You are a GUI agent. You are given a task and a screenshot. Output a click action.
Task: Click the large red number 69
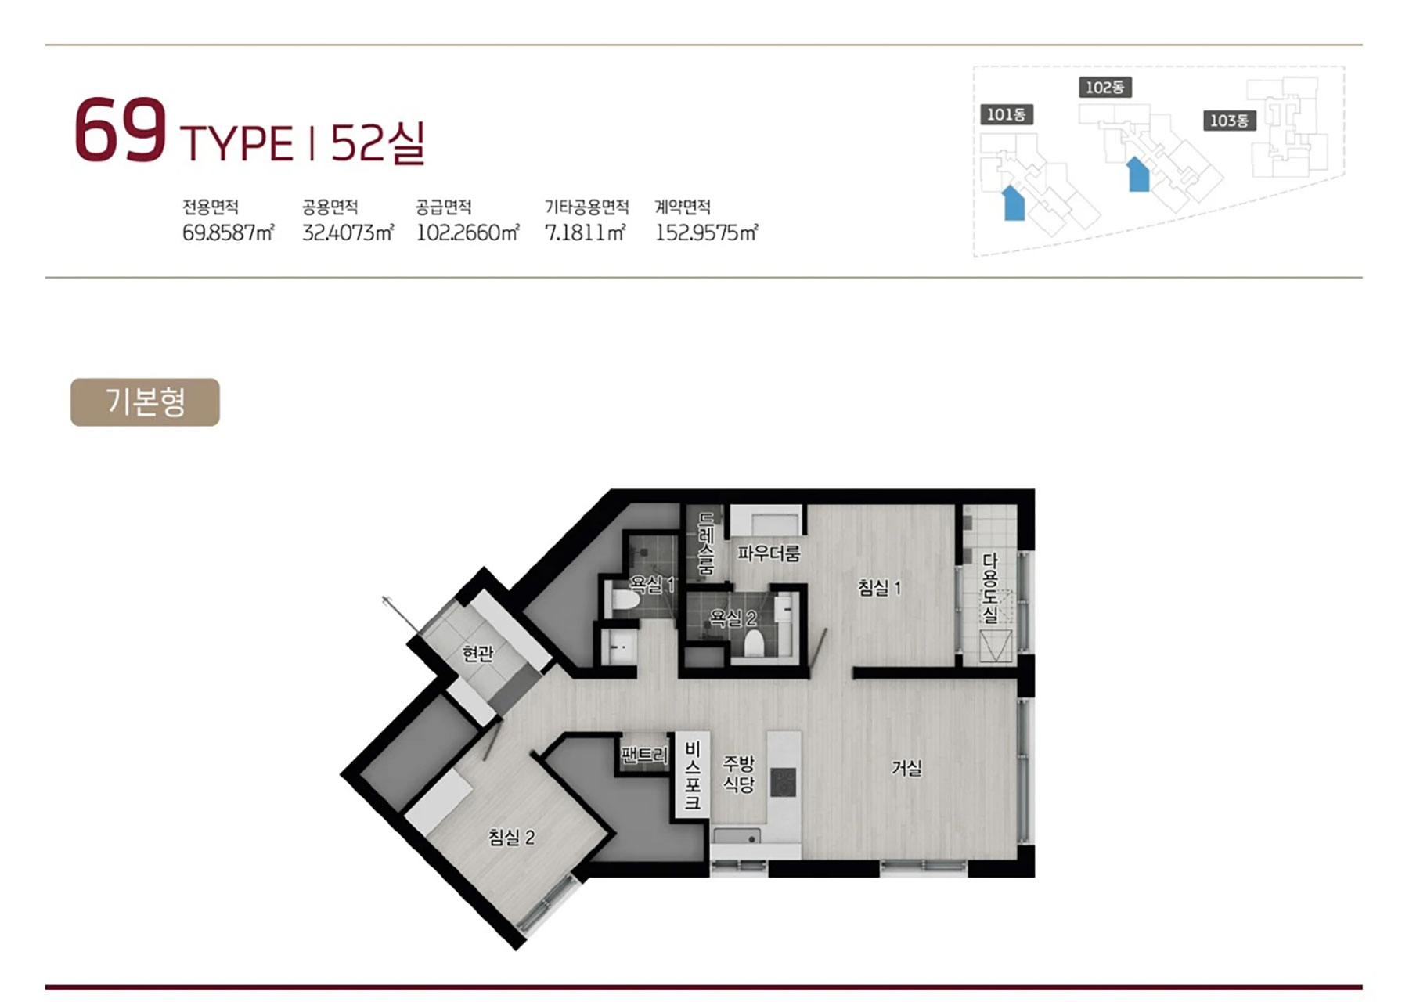click(x=120, y=130)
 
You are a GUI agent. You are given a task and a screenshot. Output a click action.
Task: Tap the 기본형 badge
click(x=145, y=402)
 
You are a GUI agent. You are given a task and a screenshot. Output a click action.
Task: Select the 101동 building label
click(x=1006, y=115)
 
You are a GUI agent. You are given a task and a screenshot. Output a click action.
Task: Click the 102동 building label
click(x=1104, y=88)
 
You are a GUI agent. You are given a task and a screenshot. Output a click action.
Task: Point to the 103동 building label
click(x=1229, y=121)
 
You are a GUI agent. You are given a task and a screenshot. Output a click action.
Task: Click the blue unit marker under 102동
click(x=1138, y=174)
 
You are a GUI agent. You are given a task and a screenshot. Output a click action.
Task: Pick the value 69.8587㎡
click(x=228, y=232)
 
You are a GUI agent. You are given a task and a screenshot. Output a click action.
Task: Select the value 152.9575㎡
click(x=706, y=232)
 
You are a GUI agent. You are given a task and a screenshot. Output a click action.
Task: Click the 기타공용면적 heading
click(x=586, y=207)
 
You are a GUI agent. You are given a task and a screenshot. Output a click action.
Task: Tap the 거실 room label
click(x=906, y=768)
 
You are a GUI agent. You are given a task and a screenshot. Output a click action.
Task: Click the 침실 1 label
click(x=880, y=587)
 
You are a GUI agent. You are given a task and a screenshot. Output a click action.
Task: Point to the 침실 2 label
click(x=511, y=838)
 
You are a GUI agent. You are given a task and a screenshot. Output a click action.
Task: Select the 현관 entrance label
click(x=477, y=653)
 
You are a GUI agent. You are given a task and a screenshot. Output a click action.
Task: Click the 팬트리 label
click(x=644, y=755)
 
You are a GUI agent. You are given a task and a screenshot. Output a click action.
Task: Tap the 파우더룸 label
click(x=769, y=553)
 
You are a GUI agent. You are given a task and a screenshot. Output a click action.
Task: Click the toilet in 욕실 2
click(x=754, y=643)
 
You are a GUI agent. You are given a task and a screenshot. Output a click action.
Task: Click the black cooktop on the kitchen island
click(x=784, y=781)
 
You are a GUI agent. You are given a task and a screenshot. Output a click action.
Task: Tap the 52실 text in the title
click(x=377, y=143)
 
